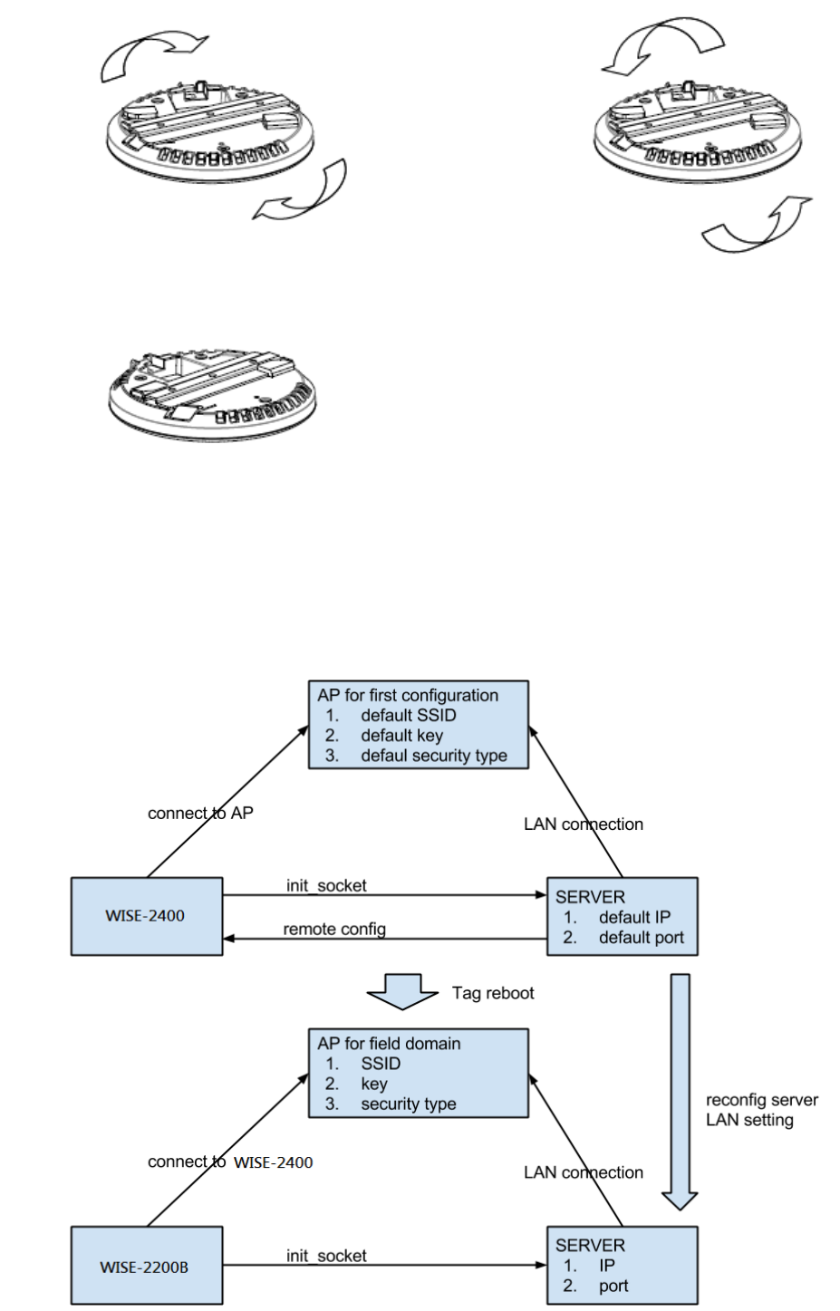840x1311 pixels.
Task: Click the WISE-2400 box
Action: click(x=146, y=916)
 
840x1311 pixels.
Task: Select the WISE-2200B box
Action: click(x=146, y=1266)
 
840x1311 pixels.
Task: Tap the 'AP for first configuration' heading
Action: click(x=408, y=695)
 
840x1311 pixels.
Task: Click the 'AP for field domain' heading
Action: click(x=389, y=1044)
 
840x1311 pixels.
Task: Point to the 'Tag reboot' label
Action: click(x=493, y=993)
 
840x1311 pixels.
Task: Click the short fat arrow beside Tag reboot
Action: click(x=402, y=991)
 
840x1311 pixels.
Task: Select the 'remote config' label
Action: click(x=334, y=929)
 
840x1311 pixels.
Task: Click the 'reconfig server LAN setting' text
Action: click(x=761, y=1110)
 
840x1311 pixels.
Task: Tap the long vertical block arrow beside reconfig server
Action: click(x=680, y=1092)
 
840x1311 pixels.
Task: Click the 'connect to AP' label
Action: click(x=200, y=813)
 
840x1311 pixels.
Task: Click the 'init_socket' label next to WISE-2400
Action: click(x=326, y=885)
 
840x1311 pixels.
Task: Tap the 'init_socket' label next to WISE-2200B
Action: click(x=326, y=1256)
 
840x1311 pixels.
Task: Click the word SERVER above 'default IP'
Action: click(x=590, y=897)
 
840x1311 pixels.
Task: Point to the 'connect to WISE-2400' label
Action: click(x=230, y=1162)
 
